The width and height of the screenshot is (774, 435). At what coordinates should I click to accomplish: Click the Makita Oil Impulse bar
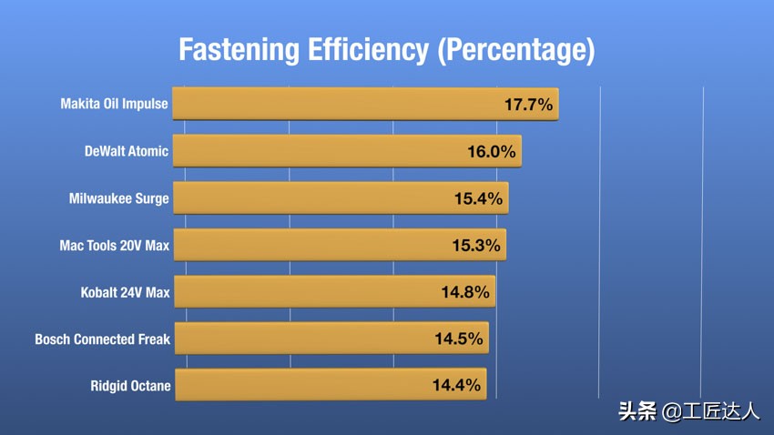(x=364, y=104)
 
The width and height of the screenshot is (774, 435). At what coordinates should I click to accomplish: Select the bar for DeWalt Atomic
(x=346, y=151)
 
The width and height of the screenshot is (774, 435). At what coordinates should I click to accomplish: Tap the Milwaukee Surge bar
(x=340, y=197)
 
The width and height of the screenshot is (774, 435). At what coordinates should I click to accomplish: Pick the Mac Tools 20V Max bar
(x=338, y=245)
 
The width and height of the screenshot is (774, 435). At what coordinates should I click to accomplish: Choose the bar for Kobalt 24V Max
(x=333, y=291)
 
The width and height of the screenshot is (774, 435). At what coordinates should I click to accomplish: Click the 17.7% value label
(x=528, y=105)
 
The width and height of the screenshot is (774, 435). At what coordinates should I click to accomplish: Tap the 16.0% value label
(x=492, y=152)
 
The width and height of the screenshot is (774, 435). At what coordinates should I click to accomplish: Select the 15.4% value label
(x=478, y=198)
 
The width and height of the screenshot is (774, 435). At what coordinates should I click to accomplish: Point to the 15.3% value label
(x=476, y=246)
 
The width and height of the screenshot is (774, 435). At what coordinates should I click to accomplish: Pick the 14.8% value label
(x=465, y=292)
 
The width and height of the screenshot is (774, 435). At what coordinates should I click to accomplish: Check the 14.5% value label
(x=458, y=339)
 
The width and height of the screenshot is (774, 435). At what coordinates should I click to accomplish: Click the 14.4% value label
(x=456, y=386)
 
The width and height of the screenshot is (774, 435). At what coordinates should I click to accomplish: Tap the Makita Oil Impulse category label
(x=114, y=104)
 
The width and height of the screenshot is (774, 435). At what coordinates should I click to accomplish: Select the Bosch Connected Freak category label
(x=102, y=339)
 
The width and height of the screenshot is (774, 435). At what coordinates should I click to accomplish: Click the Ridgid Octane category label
(x=130, y=386)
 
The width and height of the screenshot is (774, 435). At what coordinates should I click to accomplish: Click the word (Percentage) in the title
(x=515, y=49)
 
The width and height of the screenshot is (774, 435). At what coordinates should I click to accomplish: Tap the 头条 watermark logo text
(x=637, y=411)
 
